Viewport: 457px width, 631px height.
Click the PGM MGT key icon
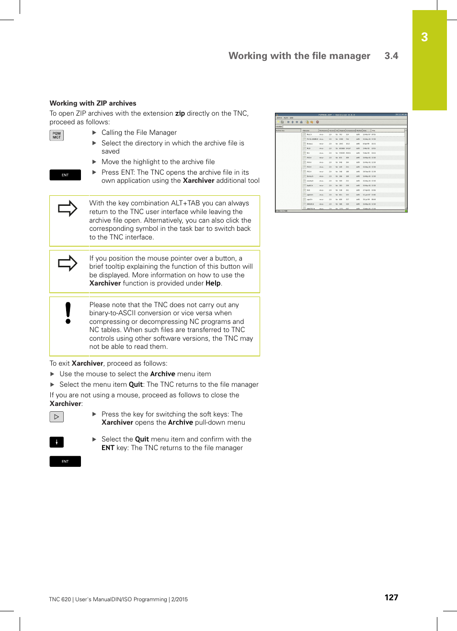pos(57,135)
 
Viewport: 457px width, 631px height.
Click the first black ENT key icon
pos(65,175)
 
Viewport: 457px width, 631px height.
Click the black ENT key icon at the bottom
pos(65,461)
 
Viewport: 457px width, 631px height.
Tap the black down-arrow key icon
pos(57,442)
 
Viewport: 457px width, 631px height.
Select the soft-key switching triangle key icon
pos(57,417)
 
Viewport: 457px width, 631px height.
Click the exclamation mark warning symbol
pos(68,313)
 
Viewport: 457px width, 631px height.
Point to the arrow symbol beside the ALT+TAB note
pos(68,208)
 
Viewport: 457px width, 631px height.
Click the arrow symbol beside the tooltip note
pos(68,263)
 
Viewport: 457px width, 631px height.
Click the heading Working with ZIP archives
pos(93,103)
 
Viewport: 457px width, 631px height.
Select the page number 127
pos(391,597)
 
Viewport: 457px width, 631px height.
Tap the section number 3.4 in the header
pos(391,56)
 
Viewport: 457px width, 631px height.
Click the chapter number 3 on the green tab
pos(424,37)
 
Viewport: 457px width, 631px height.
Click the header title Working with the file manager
pos(299,56)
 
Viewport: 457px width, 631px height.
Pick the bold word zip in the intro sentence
pos(180,114)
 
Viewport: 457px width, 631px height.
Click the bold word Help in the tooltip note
pos(213,284)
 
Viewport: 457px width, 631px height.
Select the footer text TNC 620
pos(60,599)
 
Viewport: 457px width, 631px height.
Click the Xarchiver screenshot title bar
pos(341,115)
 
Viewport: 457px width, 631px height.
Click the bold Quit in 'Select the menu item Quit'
pos(136,384)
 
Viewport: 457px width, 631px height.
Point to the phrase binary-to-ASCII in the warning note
pos(113,313)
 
